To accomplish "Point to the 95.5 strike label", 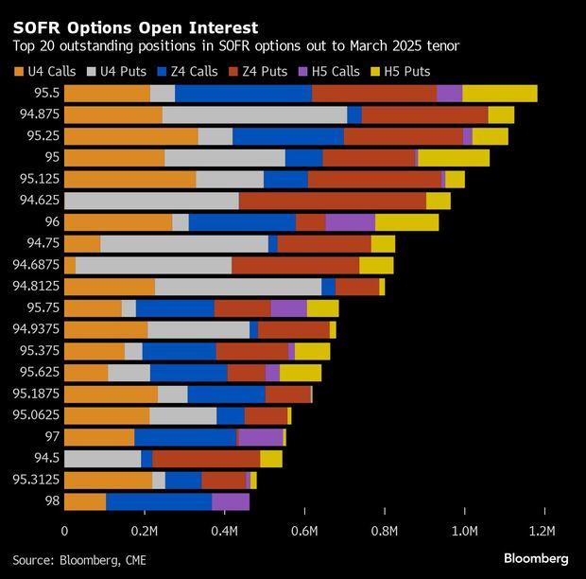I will (44, 93).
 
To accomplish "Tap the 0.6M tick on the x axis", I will (304, 532).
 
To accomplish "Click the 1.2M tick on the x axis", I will (543, 532).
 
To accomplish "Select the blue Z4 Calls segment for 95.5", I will (243, 93).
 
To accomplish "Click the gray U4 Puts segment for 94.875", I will (254, 114).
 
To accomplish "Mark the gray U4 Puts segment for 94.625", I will (151, 201).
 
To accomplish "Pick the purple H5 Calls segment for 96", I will (350, 222).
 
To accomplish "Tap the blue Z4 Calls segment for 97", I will (185, 437).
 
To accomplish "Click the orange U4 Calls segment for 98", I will (85, 502).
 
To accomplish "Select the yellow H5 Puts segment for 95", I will (454, 158).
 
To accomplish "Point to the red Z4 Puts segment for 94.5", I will (206, 459).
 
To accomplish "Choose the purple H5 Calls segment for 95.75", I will (288, 308).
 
